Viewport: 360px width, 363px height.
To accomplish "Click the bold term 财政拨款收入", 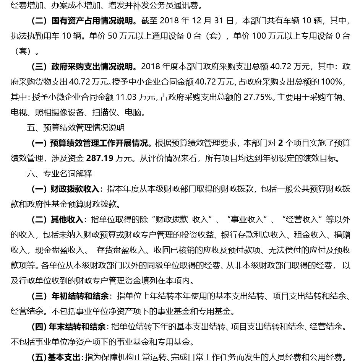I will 75,189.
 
